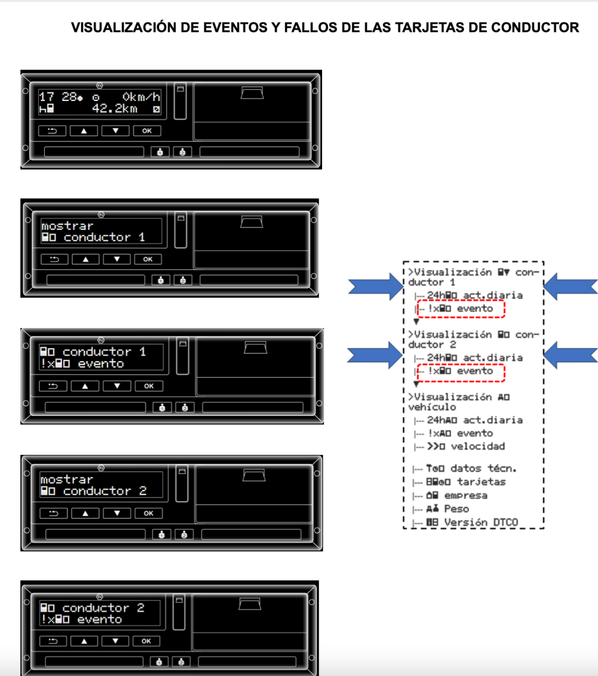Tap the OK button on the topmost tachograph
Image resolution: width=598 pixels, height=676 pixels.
point(147,131)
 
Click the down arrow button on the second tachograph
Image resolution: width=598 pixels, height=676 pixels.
point(117,259)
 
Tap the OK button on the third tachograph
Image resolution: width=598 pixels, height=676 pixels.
point(149,386)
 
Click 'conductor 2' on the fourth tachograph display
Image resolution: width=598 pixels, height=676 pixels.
point(104,491)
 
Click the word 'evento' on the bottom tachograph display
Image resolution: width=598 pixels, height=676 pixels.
point(100,620)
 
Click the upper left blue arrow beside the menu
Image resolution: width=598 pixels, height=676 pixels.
point(375,286)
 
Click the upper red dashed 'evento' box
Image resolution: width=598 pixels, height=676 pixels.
point(461,308)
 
